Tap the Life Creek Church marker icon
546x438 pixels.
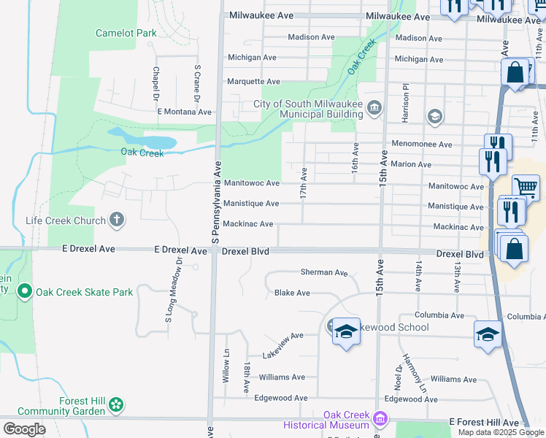tap(116, 219)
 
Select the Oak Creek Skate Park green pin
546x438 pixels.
tap(24, 292)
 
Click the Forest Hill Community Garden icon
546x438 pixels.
tap(117, 404)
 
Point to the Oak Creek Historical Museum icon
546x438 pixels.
tap(379, 419)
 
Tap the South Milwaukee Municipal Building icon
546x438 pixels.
tap(374, 109)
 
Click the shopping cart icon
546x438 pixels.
tap(526, 187)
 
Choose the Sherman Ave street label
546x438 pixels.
tap(324, 272)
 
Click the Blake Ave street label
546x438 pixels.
tap(292, 293)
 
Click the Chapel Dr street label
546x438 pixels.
tap(155, 83)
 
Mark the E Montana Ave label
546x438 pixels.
tap(184, 112)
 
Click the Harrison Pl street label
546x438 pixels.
tap(403, 101)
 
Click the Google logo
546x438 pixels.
tap(24, 429)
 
